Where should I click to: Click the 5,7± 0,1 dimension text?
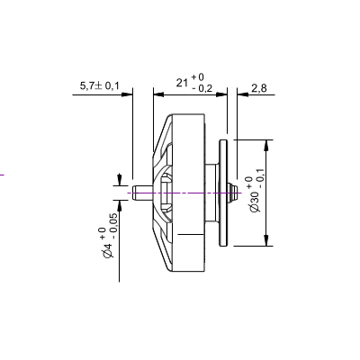[100, 85]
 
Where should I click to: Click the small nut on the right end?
[233, 192]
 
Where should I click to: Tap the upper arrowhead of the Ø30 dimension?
[265, 144]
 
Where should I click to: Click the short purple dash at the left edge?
[3, 174]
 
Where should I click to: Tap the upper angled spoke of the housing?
[161, 144]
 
